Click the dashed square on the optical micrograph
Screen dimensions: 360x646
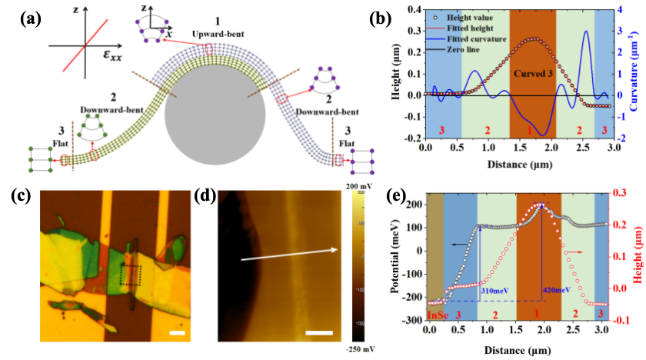point(131,275)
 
